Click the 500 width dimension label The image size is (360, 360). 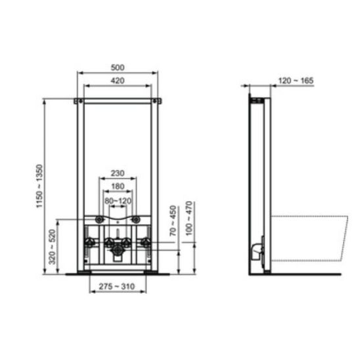coord(118,68)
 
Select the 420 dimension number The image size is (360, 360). coord(118,81)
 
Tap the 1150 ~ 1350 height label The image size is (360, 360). coord(39,186)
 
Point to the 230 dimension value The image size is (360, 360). coord(118,173)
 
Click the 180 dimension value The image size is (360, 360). coord(118,186)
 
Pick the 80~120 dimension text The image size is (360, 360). coord(118,201)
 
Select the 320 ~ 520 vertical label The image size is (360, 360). coord(52,247)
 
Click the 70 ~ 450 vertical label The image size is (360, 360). coord(173,221)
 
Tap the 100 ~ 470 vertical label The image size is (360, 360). coord(189,218)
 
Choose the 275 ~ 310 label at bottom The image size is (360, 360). coord(117,286)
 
